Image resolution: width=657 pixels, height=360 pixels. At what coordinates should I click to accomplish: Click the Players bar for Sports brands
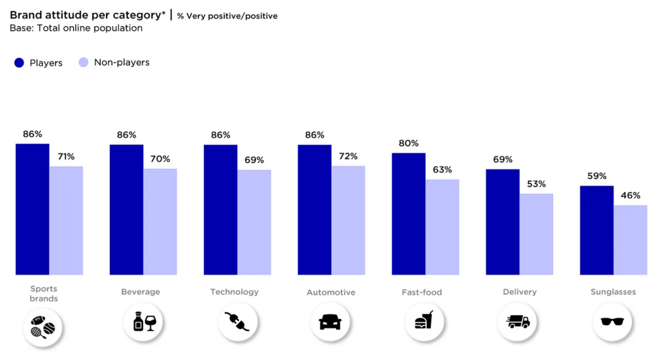[x=33, y=209]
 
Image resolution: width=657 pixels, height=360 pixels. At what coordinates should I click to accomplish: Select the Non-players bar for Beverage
[x=160, y=221]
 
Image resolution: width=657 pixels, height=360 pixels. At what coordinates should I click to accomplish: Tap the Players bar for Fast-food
[x=409, y=214]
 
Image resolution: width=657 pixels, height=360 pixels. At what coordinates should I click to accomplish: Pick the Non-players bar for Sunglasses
[x=630, y=240]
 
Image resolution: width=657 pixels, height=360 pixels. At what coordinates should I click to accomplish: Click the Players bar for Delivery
[x=502, y=222]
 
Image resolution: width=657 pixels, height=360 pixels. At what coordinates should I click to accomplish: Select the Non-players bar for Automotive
[x=348, y=220]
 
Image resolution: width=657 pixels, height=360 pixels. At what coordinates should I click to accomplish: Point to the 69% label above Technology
[x=254, y=160]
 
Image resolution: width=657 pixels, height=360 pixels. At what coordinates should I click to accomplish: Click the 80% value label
[x=408, y=143]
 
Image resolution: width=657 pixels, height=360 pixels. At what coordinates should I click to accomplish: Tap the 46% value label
[x=630, y=195]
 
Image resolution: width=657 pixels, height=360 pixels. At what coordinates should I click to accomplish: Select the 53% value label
[x=536, y=184]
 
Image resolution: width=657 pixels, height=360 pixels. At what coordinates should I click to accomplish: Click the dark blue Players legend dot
[x=19, y=62]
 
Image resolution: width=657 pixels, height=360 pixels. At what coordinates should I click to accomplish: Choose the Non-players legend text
[x=122, y=62]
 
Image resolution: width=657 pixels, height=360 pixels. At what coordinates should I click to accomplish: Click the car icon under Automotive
[x=330, y=321]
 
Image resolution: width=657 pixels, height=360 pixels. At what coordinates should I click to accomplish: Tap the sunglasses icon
[x=612, y=321]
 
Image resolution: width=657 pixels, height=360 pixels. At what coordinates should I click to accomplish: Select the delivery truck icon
[x=518, y=321]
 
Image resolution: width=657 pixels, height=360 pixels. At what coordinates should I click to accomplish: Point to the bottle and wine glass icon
[x=142, y=321]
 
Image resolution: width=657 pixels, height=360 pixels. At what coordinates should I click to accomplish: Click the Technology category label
[x=234, y=292]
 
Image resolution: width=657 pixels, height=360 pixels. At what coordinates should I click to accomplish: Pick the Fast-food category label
[x=422, y=293]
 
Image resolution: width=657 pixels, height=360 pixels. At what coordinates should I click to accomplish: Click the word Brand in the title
[x=24, y=15]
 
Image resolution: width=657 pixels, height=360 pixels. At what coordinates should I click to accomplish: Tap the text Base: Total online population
[x=76, y=28]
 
